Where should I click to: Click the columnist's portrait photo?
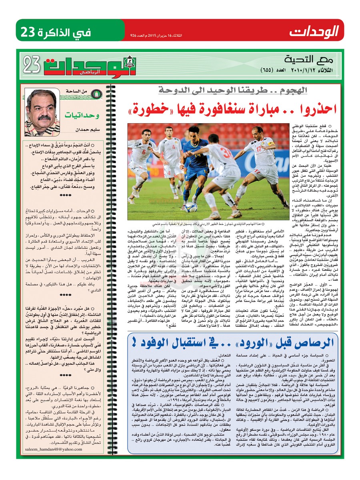tap(42, 112)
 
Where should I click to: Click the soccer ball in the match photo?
tap(191, 206)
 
